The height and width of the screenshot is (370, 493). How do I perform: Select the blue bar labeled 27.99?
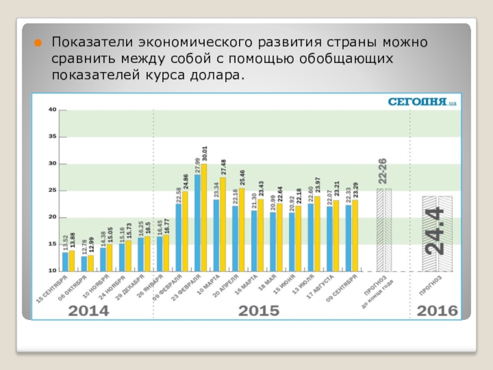click(x=197, y=223)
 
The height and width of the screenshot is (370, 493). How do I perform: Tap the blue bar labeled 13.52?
click(x=65, y=261)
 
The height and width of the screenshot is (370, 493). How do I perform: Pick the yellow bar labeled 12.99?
click(x=91, y=263)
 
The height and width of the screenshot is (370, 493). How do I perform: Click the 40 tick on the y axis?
click(x=52, y=110)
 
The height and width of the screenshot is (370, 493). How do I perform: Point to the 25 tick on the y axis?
click(x=52, y=191)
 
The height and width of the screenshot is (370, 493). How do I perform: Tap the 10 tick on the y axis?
click(x=52, y=271)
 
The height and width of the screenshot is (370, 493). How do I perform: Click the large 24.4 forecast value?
click(x=436, y=231)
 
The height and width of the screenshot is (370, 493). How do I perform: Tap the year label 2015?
click(x=258, y=311)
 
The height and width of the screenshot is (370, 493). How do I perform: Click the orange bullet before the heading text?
click(x=38, y=43)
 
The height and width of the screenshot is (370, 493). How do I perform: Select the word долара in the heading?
click(x=218, y=75)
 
